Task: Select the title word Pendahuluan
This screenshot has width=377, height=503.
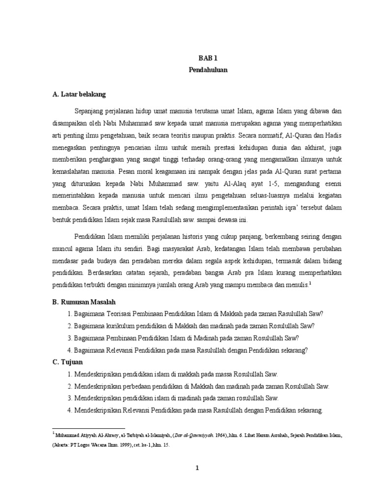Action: [x=208, y=70]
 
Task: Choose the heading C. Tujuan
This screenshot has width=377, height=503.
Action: [x=68, y=362]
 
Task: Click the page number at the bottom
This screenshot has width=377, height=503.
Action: [x=197, y=468]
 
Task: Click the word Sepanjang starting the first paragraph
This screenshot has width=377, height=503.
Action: [x=91, y=110]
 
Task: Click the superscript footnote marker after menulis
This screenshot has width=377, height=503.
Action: [x=311, y=283]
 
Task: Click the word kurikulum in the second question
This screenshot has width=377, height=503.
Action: [x=119, y=326]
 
